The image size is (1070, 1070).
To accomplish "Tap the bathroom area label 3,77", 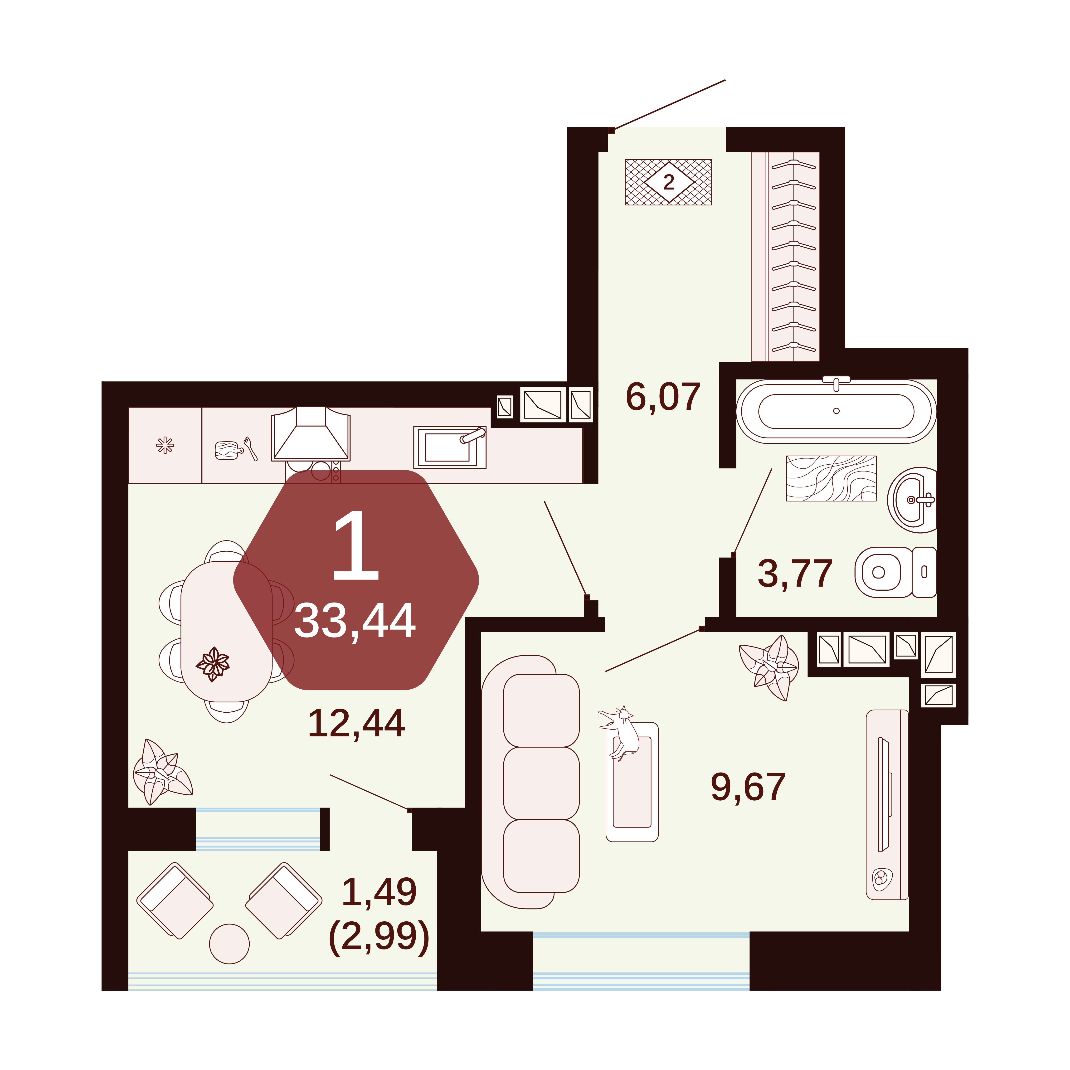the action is pyautogui.click(x=795, y=573).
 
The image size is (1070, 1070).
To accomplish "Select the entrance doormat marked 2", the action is pyautogui.click(x=668, y=182).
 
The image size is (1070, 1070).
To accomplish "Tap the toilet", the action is pyautogui.click(x=895, y=572).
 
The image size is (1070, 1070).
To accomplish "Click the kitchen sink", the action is pyautogui.click(x=450, y=447).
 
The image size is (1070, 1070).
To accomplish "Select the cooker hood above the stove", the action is pyautogui.click(x=311, y=434).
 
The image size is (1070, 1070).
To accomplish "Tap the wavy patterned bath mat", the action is pyautogui.click(x=831, y=478).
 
